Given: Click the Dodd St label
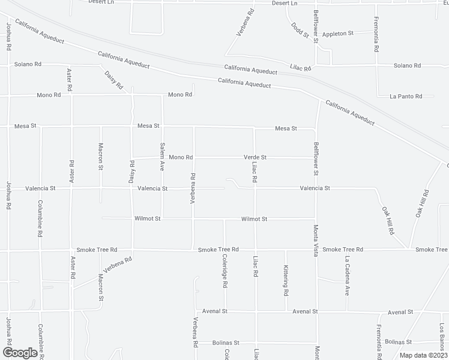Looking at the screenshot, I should (299, 30).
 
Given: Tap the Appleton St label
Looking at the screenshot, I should (338, 34).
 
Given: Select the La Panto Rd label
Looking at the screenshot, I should (406, 96).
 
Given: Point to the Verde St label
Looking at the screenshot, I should (255, 157).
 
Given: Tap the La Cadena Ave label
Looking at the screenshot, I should (347, 276).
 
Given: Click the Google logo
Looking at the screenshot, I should (20, 353).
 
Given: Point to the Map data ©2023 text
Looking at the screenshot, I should (422, 355).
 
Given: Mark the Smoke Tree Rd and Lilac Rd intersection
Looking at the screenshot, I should (255, 249).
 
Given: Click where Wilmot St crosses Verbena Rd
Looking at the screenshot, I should (193, 219).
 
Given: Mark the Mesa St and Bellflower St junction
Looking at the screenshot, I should (316, 128).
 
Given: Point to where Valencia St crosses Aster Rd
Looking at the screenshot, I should (71, 188).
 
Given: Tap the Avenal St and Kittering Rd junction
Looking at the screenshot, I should (286, 311).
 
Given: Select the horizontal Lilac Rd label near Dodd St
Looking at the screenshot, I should (300, 69).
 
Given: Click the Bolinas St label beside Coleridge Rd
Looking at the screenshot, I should (226, 343).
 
